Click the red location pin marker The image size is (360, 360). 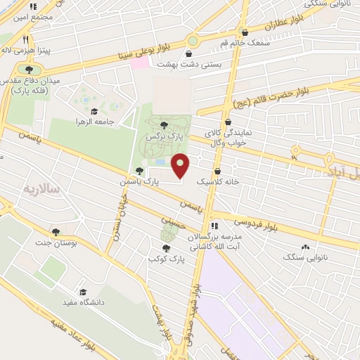point(181,165)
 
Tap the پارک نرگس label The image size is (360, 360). point(159,139)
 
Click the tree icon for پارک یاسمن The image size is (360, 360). point(139,171)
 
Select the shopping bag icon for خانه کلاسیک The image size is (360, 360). point(217,171)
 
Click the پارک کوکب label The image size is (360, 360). point(161,259)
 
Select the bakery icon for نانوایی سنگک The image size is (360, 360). point(305,247)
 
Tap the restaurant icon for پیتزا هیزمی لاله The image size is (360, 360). point(25,40)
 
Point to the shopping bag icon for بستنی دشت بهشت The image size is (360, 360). point(189,53)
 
